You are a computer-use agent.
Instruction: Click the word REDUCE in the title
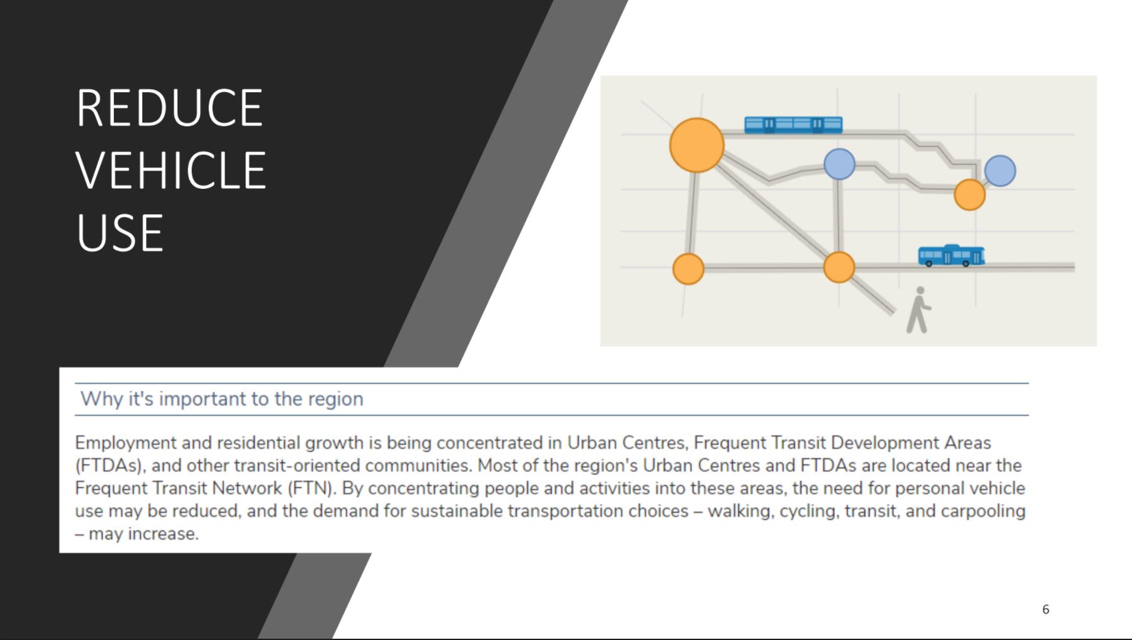click(x=169, y=108)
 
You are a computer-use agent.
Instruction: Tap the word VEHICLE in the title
click(x=171, y=170)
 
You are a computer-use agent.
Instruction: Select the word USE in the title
click(x=120, y=232)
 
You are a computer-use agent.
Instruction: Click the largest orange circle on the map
click(x=697, y=145)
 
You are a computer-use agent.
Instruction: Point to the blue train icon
click(x=794, y=124)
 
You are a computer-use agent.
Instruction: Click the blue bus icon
click(x=952, y=256)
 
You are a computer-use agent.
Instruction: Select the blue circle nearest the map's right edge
click(x=1000, y=171)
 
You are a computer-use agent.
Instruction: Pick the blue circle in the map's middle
click(x=839, y=164)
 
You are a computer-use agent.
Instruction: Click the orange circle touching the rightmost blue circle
click(x=969, y=194)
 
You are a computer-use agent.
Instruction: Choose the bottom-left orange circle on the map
click(x=688, y=269)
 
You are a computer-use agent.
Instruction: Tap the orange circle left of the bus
click(x=839, y=267)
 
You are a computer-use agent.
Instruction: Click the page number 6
click(x=1045, y=609)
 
